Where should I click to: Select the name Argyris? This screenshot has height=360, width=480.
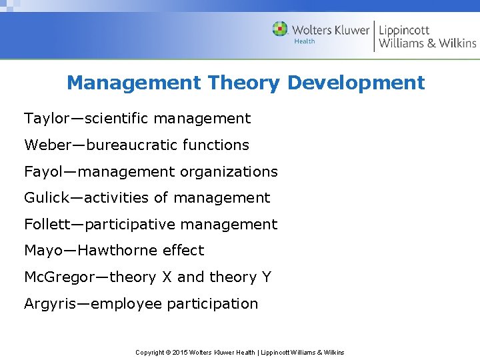(x=49, y=304)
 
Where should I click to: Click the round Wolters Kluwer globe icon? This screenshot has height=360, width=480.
(x=281, y=29)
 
